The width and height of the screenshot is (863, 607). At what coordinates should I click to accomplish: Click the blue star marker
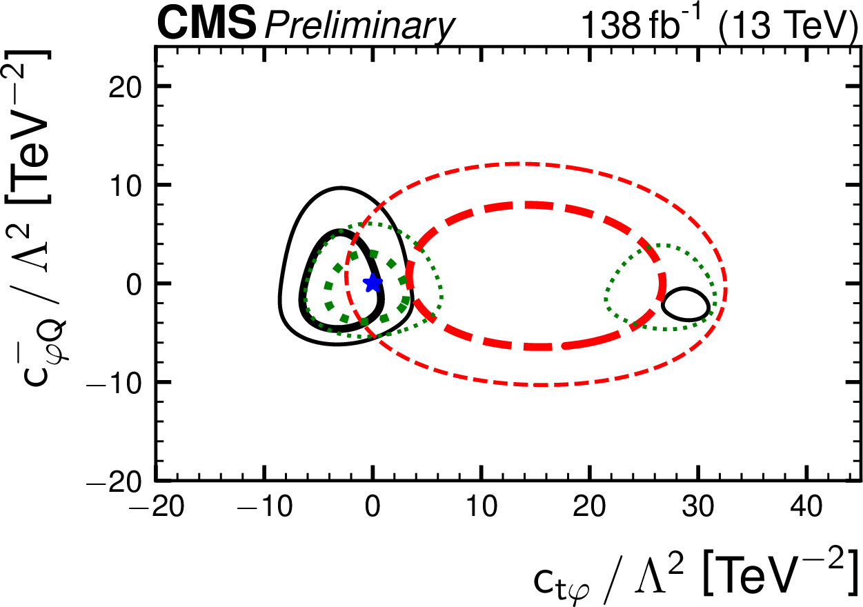(x=373, y=283)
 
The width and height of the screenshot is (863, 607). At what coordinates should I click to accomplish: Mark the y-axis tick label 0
(x=135, y=283)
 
